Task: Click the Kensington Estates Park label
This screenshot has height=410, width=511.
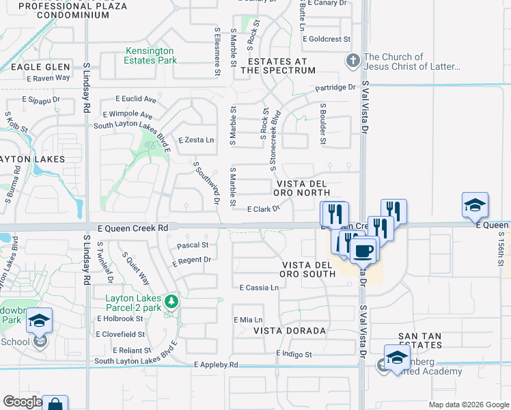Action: click(150, 55)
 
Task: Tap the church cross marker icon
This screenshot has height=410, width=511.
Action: click(353, 61)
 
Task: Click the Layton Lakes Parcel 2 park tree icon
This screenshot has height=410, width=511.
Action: click(174, 301)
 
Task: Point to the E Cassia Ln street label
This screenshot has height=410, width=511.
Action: click(259, 288)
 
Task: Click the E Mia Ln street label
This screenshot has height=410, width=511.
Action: click(248, 320)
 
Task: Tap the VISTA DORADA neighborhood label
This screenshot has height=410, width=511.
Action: click(290, 331)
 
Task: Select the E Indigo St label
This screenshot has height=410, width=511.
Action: click(294, 355)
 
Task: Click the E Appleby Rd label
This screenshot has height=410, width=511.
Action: click(216, 365)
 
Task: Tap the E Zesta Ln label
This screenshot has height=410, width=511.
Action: click(196, 140)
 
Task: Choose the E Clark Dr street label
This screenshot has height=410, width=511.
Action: click(264, 209)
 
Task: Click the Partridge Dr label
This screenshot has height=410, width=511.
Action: click(335, 87)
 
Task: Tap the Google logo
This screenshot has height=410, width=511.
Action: click(23, 402)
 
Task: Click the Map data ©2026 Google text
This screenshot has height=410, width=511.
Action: click(468, 405)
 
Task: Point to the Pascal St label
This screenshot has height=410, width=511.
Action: click(193, 245)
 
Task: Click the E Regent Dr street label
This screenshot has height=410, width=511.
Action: click(191, 260)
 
